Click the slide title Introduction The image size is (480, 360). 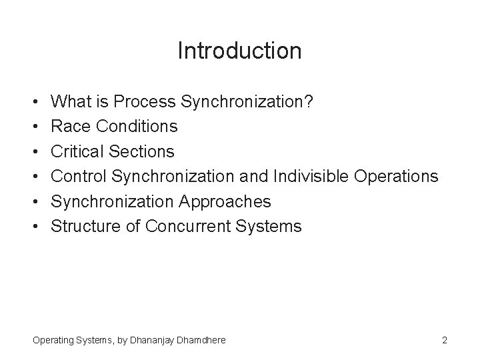tap(239, 51)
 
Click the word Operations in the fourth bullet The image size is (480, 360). tap(396, 176)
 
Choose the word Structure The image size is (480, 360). tap(85, 226)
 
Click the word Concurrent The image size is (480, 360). tap(187, 226)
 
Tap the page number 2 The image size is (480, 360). tap(444, 340)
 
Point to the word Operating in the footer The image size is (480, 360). tap(55, 340)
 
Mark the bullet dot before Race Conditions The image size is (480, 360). tap(35, 127)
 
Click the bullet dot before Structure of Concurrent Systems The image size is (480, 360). tap(35, 227)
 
